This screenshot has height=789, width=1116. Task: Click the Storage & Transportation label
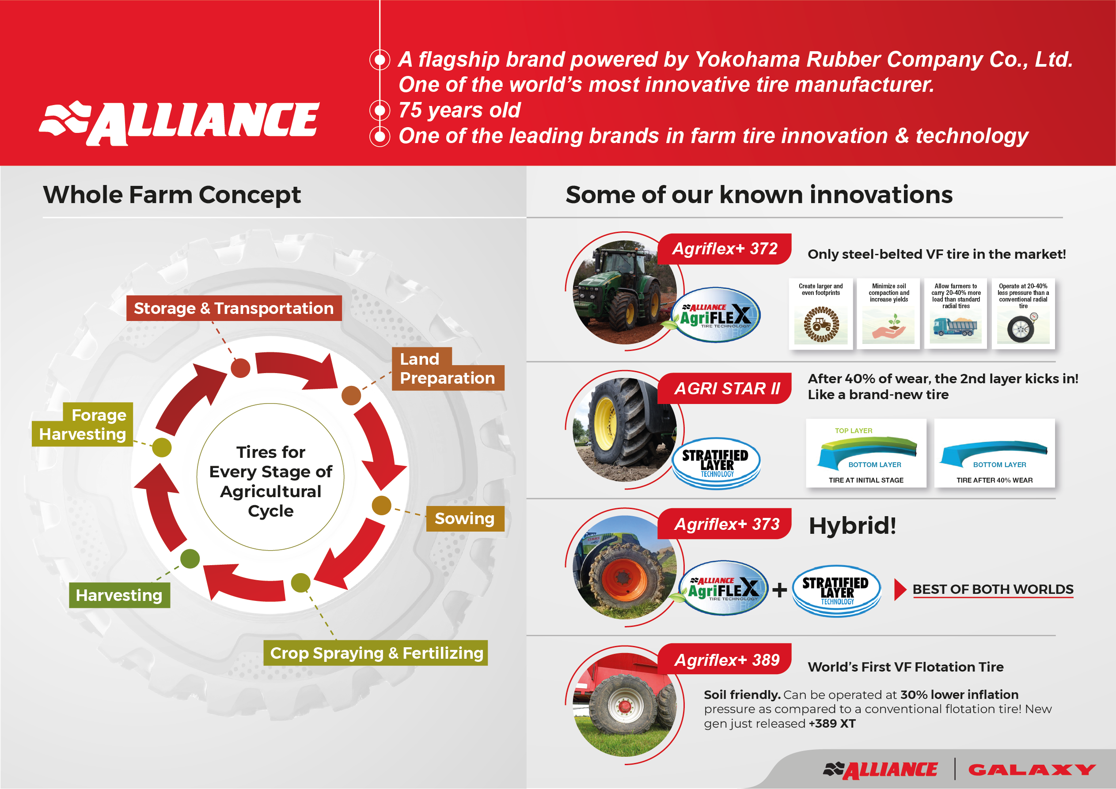click(234, 308)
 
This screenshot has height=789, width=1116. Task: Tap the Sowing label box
click(465, 518)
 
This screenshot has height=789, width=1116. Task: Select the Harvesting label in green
click(120, 595)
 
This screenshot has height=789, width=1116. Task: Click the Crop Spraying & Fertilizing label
click(376, 653)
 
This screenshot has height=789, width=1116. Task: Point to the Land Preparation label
click(448, 369)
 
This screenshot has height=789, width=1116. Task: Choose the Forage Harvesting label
click(83, 424)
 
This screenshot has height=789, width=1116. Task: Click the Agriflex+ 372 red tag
click(725, 249)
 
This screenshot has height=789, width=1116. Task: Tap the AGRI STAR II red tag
click(725, 388)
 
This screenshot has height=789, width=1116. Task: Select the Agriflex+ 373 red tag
click(725, 524)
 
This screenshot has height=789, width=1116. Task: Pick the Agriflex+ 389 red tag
click(725, 659)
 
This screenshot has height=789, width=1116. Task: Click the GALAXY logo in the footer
click(1032, 770)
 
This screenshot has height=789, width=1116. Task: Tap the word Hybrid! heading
click(853, 526)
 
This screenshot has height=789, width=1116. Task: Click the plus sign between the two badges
click(780, 590)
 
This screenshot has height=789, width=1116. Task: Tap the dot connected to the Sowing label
click(382, 506)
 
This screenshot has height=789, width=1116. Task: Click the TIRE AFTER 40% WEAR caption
click(995, 480)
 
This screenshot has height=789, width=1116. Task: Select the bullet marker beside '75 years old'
click(380, 110)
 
